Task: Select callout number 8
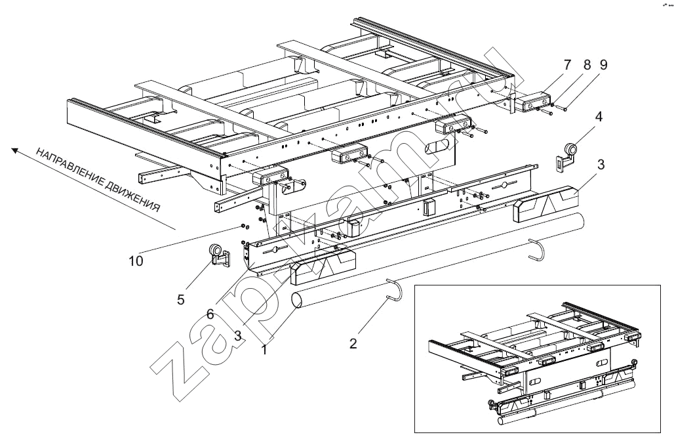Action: [x=587, y=65]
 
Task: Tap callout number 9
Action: [x=603, y=65]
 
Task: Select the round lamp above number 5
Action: [x=216, y=250]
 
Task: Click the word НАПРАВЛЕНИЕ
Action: [x=71, y=172]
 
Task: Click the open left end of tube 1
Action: [x=298, y=300]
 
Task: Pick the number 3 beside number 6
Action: [x=239, y=335]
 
